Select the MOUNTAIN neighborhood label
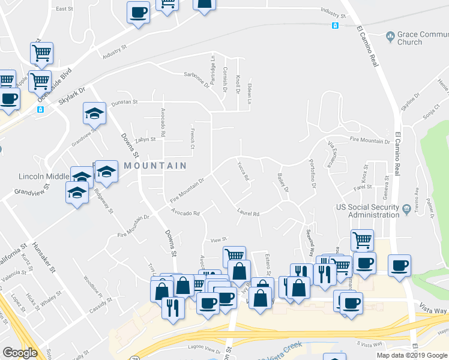[x=155, y=165]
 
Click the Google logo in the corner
[x=20, y=353]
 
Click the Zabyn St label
[x=145, y=139]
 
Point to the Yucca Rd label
[x=243, y=172]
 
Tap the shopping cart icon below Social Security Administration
[x=362, y=240]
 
